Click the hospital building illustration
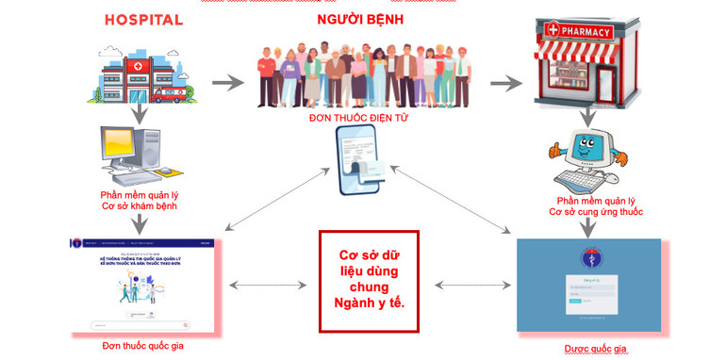click(x=141, y=73)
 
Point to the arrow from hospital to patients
click(x=227, y=82)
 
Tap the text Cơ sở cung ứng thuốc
click(x=596, y=212)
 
